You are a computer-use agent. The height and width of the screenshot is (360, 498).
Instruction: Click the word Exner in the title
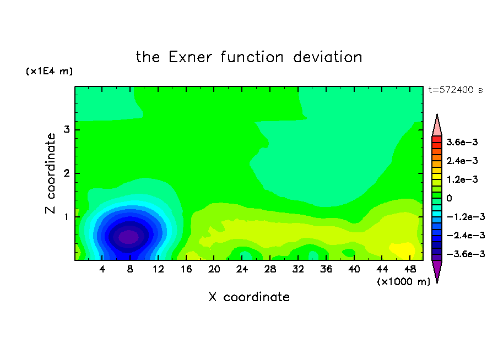190,57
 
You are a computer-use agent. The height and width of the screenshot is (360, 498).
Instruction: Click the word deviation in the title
327,57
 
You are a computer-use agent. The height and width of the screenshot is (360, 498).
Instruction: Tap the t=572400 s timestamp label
456,90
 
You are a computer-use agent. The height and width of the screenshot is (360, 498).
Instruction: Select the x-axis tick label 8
130,270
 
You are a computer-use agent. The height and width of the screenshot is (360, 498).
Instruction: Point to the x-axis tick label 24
242,270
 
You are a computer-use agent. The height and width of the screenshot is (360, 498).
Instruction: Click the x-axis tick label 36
326,270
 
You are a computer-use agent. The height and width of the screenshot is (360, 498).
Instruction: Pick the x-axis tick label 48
410,270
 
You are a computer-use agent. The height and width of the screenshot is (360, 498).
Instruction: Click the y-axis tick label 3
67,129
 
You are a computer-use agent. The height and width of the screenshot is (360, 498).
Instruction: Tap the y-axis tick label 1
67,217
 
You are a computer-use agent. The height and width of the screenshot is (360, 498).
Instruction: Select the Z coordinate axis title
51,173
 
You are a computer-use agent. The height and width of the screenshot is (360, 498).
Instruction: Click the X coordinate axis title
249,297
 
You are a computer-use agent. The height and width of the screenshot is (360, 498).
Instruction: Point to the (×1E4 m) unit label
49,71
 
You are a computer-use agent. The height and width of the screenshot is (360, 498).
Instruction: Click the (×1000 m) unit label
404,282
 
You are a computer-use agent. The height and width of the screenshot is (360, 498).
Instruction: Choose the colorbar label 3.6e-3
462,142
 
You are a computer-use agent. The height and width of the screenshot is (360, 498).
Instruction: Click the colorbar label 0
449,198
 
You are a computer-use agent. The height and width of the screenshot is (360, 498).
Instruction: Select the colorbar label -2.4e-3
465,235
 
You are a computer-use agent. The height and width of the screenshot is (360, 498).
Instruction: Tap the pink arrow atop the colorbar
437,125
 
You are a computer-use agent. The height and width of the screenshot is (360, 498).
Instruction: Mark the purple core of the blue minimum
128,237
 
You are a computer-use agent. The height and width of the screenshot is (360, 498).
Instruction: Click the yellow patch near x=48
402,249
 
